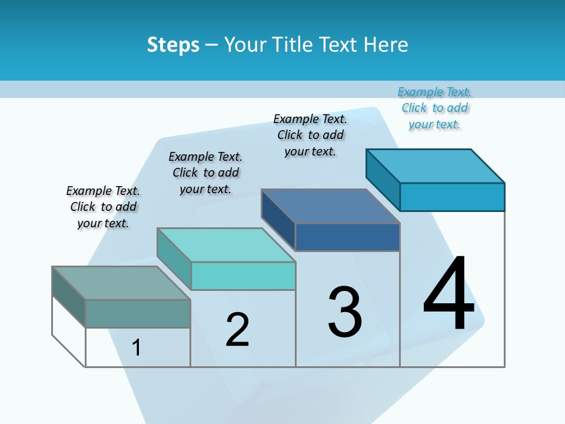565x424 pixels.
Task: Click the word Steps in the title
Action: (x=173, y=45)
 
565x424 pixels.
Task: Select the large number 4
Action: (x=448, y=293)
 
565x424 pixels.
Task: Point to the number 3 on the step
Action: (x=345, y=312)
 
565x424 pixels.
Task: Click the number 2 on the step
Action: (x=238, y=329)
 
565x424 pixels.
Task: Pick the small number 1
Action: (x=137, y=347)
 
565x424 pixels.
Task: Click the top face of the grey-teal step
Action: (x=121, y=283)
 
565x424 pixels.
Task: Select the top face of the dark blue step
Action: (x=330, y=206)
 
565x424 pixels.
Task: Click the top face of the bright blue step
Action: (x=435, y=165)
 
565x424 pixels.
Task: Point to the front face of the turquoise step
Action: (x=243, y=276)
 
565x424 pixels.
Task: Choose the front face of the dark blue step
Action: (x=347, y=237)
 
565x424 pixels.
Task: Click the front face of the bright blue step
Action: (x=452, y=197)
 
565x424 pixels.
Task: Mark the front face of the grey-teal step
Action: (x=138, y=313)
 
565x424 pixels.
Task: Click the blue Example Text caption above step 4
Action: (x=434, y=108)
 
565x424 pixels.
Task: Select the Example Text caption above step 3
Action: (x=310, y=135)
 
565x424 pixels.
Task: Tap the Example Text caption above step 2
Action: (x=205, y=173)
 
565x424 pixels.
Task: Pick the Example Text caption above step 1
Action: (x=103, y=207)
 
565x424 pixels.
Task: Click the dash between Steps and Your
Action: (x=211, y=45)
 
